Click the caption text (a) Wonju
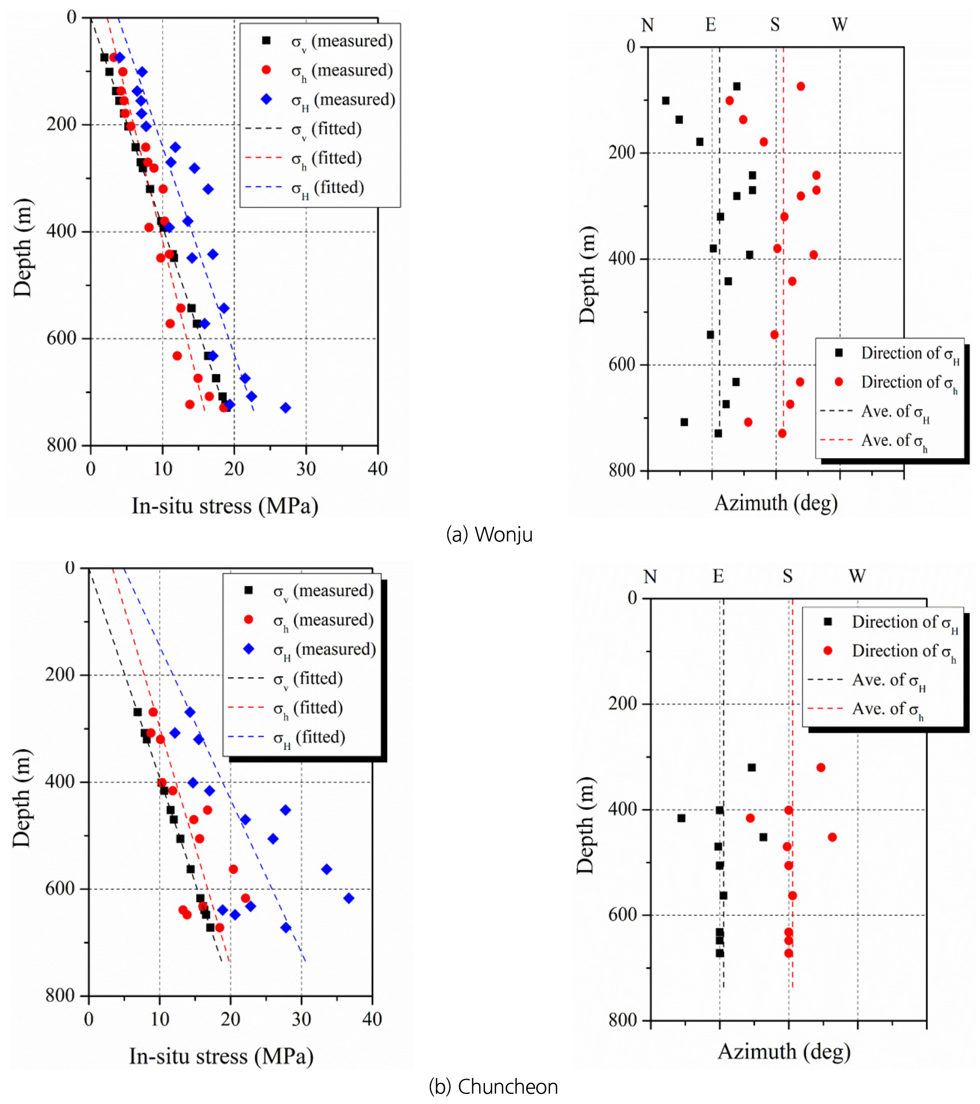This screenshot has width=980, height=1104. click(x=489, y=534)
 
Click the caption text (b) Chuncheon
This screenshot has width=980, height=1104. click(x=493, y=1087)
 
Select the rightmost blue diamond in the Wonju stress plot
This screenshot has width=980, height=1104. click(x=286, y=408)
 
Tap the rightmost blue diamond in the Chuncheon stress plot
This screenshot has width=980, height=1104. click(x=349, y=898)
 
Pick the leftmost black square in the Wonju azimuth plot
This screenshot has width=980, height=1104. click(x=666, y=101)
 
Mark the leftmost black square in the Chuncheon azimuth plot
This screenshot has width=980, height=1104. click(x=681, y=818)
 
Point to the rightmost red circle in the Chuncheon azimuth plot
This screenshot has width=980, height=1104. click(x=832, y=837)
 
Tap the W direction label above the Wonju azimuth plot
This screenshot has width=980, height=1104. click(x=839, y=25)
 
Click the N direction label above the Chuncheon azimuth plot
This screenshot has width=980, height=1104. click(x=650, y=577)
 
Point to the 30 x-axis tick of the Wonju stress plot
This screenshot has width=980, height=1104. click(x=306, y=469)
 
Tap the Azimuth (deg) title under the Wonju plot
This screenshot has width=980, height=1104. click(x=776, y=503)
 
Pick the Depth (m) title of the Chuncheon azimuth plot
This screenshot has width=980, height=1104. click(x=585, y=826)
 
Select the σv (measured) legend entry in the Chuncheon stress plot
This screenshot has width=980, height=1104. click(x=323, y=591)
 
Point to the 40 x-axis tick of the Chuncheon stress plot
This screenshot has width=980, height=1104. click(x=372, y=1019)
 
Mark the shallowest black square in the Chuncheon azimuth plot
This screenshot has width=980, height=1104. click(x=752, y=768)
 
